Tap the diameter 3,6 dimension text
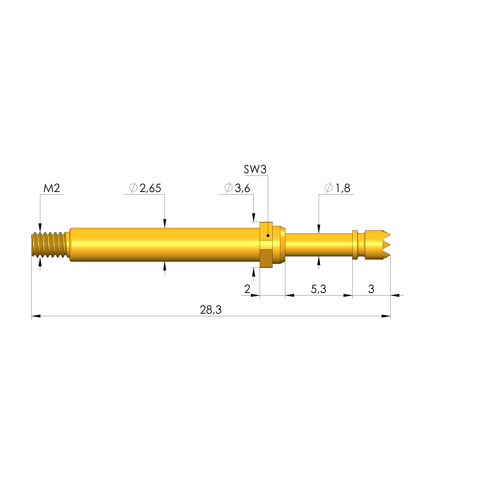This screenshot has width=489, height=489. (x=242, y=188)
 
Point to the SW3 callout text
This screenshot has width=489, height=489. (x=255, y=169)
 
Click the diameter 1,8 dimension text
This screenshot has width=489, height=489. (x=343, y=188)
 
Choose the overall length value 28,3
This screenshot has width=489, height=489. (x=211, y=310)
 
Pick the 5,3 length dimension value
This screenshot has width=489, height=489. (x=318, y=289)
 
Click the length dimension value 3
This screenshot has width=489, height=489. (x=371, y=289)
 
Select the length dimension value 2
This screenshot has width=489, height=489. (x=247, y=289)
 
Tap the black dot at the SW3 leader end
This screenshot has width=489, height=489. (x=268, y=236)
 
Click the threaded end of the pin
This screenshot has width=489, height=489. (x=49, y=245)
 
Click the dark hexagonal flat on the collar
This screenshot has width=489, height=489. (x=266, y=258)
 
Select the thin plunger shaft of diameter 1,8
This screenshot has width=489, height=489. (x=318, y=245)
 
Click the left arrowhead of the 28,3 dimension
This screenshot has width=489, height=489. (x=36, y=316)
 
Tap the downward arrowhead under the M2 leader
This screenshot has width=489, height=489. (x=40, y=227)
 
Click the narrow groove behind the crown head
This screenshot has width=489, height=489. (x=361, y=245)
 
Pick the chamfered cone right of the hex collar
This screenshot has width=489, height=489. (x=282, y=245)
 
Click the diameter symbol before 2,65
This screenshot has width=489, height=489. (x=133, y=188)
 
